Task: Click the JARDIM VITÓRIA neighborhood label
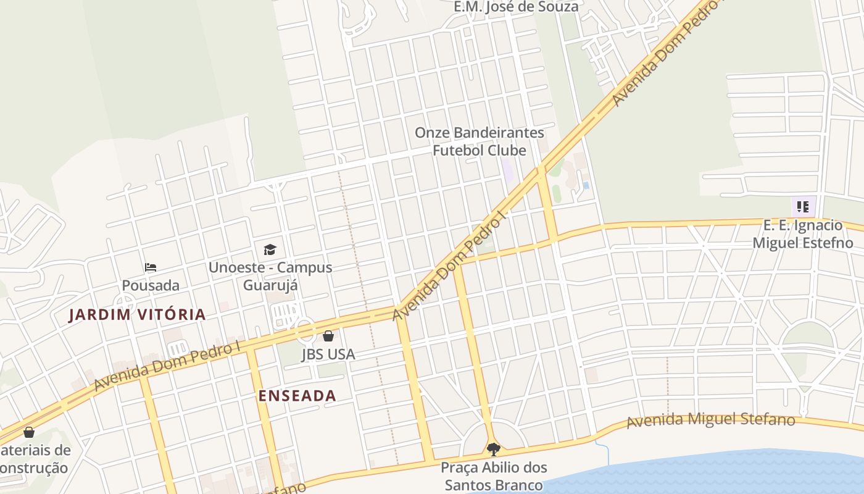click(137, 314)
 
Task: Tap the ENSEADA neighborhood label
click(297, 396)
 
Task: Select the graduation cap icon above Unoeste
click(270, 249)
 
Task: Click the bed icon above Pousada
click(151, 267)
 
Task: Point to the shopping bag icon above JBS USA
click(328, 336)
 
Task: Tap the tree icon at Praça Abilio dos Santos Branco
click(493, 449)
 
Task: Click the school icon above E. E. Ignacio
click(802, 207)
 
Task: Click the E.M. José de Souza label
click(516, 7)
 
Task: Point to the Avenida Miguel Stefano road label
click(710, 421)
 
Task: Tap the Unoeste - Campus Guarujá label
click(270, 276)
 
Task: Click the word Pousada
click(151, 285)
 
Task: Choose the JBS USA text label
click(328, 354)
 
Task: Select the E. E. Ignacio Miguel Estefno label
click(802, 234)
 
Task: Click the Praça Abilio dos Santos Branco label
click(494, 476)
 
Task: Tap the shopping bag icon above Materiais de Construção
click(28, 432)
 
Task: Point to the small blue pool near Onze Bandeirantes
click(585, 185)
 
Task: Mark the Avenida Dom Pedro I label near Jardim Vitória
click(167, 366)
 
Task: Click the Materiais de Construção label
click(34, 459)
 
